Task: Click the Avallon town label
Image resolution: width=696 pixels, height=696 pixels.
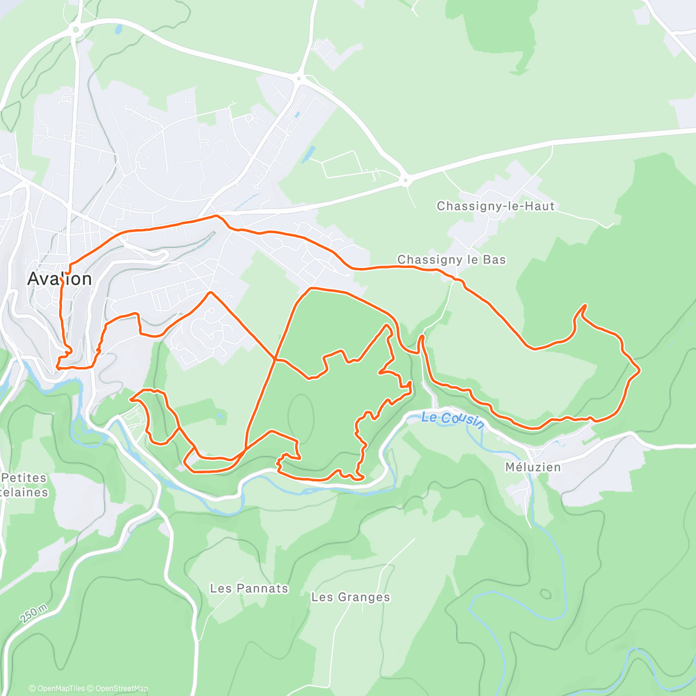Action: pyautogui.click(x=59, y=279)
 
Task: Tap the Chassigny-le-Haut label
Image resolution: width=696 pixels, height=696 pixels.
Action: pyautogui.click(x=495, y=206)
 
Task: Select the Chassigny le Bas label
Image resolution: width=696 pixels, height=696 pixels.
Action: pyautogui.click(x=451, y=260)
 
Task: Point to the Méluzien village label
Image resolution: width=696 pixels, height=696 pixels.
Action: pyautogui.click(x=533, y=467)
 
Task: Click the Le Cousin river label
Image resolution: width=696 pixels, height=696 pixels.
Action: pyautogui.click(x=453, y=419)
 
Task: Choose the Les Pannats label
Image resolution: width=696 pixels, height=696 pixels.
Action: pyautogui.click(x=249, y=588)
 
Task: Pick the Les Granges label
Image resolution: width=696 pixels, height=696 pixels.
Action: pyautogui.click(x=350, y=597)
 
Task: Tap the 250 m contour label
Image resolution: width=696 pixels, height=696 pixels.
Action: pyautogui.click(x=33, y=613)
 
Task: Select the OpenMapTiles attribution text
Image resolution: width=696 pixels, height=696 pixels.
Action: pyautogui.click(x=57, y=688)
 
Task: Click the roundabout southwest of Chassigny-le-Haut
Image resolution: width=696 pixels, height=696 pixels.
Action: pyautogui.click(x=405, y=180)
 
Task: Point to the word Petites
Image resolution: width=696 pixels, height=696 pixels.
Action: pyautogui.click(x=24, y=478)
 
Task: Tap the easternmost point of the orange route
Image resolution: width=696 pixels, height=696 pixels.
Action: pyautogui.click(x=639, y=370)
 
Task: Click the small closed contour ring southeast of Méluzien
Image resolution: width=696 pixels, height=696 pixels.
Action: pyautogui.click(x=545, y=594)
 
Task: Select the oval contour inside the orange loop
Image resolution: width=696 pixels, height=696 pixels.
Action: pyautogui.click(x=301, y=416)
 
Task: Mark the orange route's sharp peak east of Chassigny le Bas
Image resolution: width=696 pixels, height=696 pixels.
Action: pyautogui.click(x=585, y=305)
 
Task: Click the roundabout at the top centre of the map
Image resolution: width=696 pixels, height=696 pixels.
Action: pyautogui.click(x=300, y=78)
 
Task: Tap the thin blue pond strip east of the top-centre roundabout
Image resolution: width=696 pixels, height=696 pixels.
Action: pyautogui.click(x=308, y=154)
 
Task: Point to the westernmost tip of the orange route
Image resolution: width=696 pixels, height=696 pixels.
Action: pyautogui.click(x=57, y=366)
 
